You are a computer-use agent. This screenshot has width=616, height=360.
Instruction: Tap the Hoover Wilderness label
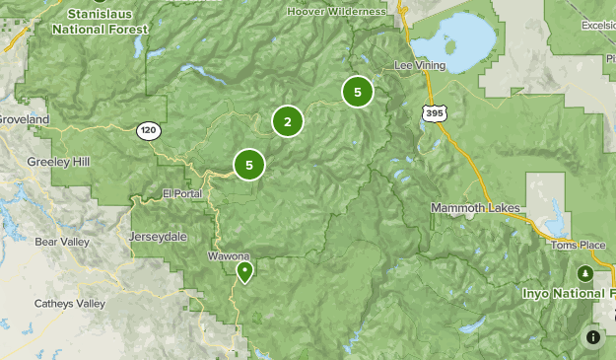coord(336,12)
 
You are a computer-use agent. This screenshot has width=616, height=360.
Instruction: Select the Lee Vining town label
coord(420,65)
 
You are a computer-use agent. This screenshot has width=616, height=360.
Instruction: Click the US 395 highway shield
coord(435,114)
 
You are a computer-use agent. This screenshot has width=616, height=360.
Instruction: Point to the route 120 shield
coord(148,129)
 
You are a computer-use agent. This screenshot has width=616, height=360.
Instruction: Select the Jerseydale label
coord(157,237)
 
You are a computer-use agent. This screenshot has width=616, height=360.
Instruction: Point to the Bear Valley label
coord(62,242)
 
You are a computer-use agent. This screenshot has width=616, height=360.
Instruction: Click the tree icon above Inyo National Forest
coord(584,272)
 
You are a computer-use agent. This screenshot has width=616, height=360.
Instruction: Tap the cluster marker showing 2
coord(288,121)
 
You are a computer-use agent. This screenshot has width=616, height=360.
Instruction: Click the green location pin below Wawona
coord(244,270)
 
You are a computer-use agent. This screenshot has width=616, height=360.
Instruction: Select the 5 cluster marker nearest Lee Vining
coord(357,93)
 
